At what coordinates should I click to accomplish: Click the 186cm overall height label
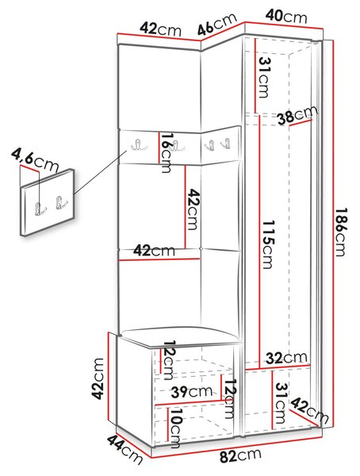click(x=341, y=232)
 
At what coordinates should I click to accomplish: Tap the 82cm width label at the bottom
click(x=240, y=455)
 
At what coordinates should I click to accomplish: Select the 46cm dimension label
click(x=216, y=25)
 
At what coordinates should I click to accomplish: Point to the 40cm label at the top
click(x=286, y=17)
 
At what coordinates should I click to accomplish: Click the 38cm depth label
click(x=298, y=115)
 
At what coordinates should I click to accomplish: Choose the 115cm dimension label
click(x=267, y=244)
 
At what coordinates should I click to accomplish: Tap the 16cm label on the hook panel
click(x=167, y=152)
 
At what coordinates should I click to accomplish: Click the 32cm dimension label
click(x=286, y=359)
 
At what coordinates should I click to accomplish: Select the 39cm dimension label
click(x=192, y=392)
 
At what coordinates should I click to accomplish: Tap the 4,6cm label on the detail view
click(x=35, y=160)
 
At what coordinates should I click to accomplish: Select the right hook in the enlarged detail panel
click(x=61, y=203)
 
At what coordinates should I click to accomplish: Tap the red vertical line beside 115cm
click(x=260, y=242)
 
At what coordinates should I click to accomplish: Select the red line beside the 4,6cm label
click(x=29, y=169)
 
